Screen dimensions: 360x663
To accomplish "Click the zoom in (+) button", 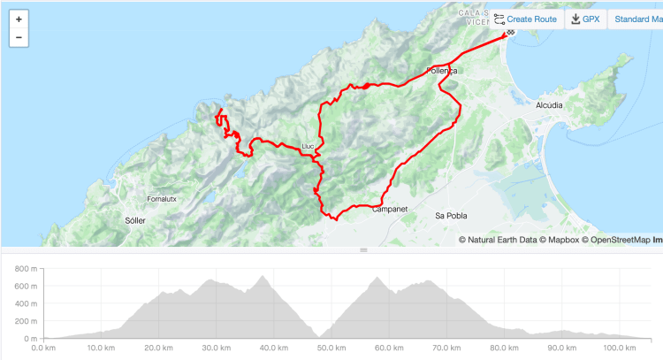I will (x=19, y=19).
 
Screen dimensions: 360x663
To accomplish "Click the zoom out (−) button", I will (x=19, y=38).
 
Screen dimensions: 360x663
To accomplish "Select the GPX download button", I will (x=586, y=19).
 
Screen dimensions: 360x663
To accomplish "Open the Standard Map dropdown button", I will (x=637, y=19).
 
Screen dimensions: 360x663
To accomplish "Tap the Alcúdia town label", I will (x=549, y=104).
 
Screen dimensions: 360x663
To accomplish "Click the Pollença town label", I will (x=442, y=70).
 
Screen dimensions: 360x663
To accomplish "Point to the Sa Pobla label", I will (x=451, y=216).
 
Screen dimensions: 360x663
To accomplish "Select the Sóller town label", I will (x=135, y=218).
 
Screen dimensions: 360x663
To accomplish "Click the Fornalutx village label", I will (x=162, y=199).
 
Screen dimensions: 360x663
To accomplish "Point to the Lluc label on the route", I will (x=308, y=146).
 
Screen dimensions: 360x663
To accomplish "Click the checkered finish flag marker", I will (x=510, y=33).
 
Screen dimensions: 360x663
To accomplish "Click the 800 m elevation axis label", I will (x=27, y=267).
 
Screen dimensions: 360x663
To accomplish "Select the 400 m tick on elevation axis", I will (x=27, y=303).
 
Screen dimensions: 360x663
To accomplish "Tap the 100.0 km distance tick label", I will (x=607, y=349).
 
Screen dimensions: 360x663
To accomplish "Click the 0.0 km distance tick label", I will (x=44, y=349).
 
